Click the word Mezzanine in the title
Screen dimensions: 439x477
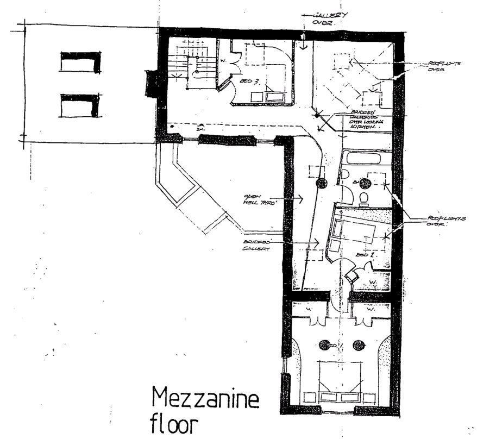(x=205, y=401)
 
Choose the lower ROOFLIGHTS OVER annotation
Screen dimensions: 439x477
(x=445, y=221)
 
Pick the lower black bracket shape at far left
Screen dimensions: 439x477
(x=80, y=105)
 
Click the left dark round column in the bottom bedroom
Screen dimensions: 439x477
(x=325, y=344)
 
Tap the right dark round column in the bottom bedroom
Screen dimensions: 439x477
(x=358, y=344)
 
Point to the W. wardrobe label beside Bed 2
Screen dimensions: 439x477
(x=372, y=281)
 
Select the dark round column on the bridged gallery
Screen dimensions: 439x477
(x=321, y=183)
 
